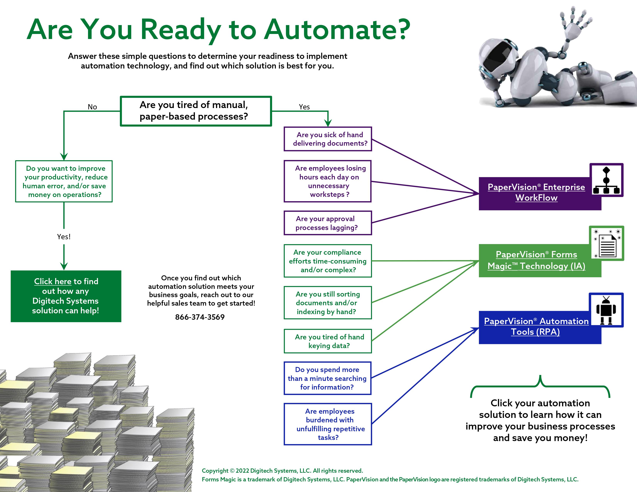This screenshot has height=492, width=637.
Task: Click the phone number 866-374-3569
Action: click(x=200, y=317)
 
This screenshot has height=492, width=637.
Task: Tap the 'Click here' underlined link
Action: click(x=53, y=281)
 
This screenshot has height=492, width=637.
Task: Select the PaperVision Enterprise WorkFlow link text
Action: click(x=536, y=192)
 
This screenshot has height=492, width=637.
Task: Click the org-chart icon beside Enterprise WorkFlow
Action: click(x=606, y=180)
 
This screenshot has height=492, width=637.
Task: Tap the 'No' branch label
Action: click(x=92, y=107)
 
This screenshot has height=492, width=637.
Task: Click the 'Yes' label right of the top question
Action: click(x=304, y=107)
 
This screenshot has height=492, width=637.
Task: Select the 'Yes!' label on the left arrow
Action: click(x=64, y=237)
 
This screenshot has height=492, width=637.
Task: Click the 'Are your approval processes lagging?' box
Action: click(x=328, y=223)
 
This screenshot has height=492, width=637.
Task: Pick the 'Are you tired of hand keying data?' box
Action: click(x=328, y=341)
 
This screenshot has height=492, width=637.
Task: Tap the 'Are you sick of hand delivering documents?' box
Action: click(x=328, y=139)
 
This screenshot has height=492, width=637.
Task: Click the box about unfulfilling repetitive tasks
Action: click(x=328, y=424)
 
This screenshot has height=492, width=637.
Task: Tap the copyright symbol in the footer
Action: click(x=232, y=471)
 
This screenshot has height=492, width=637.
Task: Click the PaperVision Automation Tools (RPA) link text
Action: click(x=536, y=326)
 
